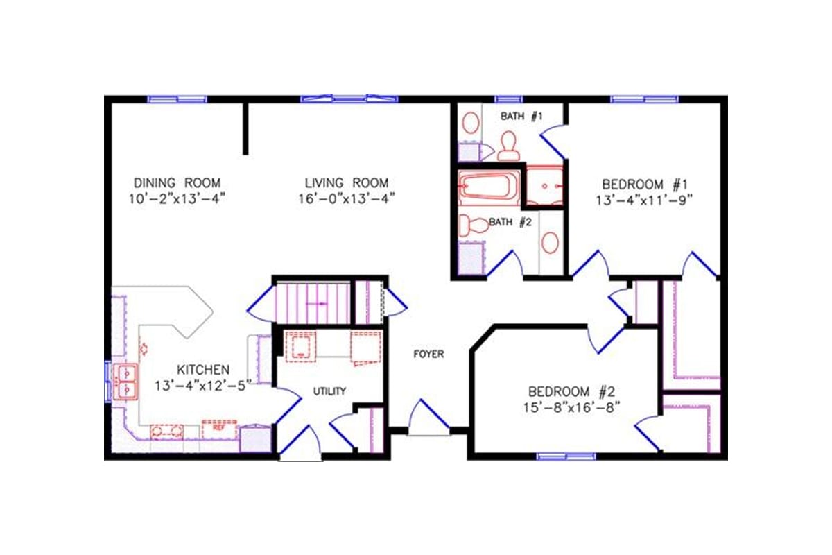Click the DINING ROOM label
177,183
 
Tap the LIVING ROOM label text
347,183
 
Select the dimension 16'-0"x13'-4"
347,198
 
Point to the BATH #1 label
521,117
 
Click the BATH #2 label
510,223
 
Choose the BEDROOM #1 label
644,185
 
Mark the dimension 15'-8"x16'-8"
572,406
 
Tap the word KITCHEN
202,369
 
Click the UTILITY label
329,391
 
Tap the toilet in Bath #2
475,225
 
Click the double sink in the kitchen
127,382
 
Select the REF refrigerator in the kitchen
219,428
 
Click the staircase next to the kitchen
312,304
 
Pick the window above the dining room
177,99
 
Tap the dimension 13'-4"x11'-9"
644,200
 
